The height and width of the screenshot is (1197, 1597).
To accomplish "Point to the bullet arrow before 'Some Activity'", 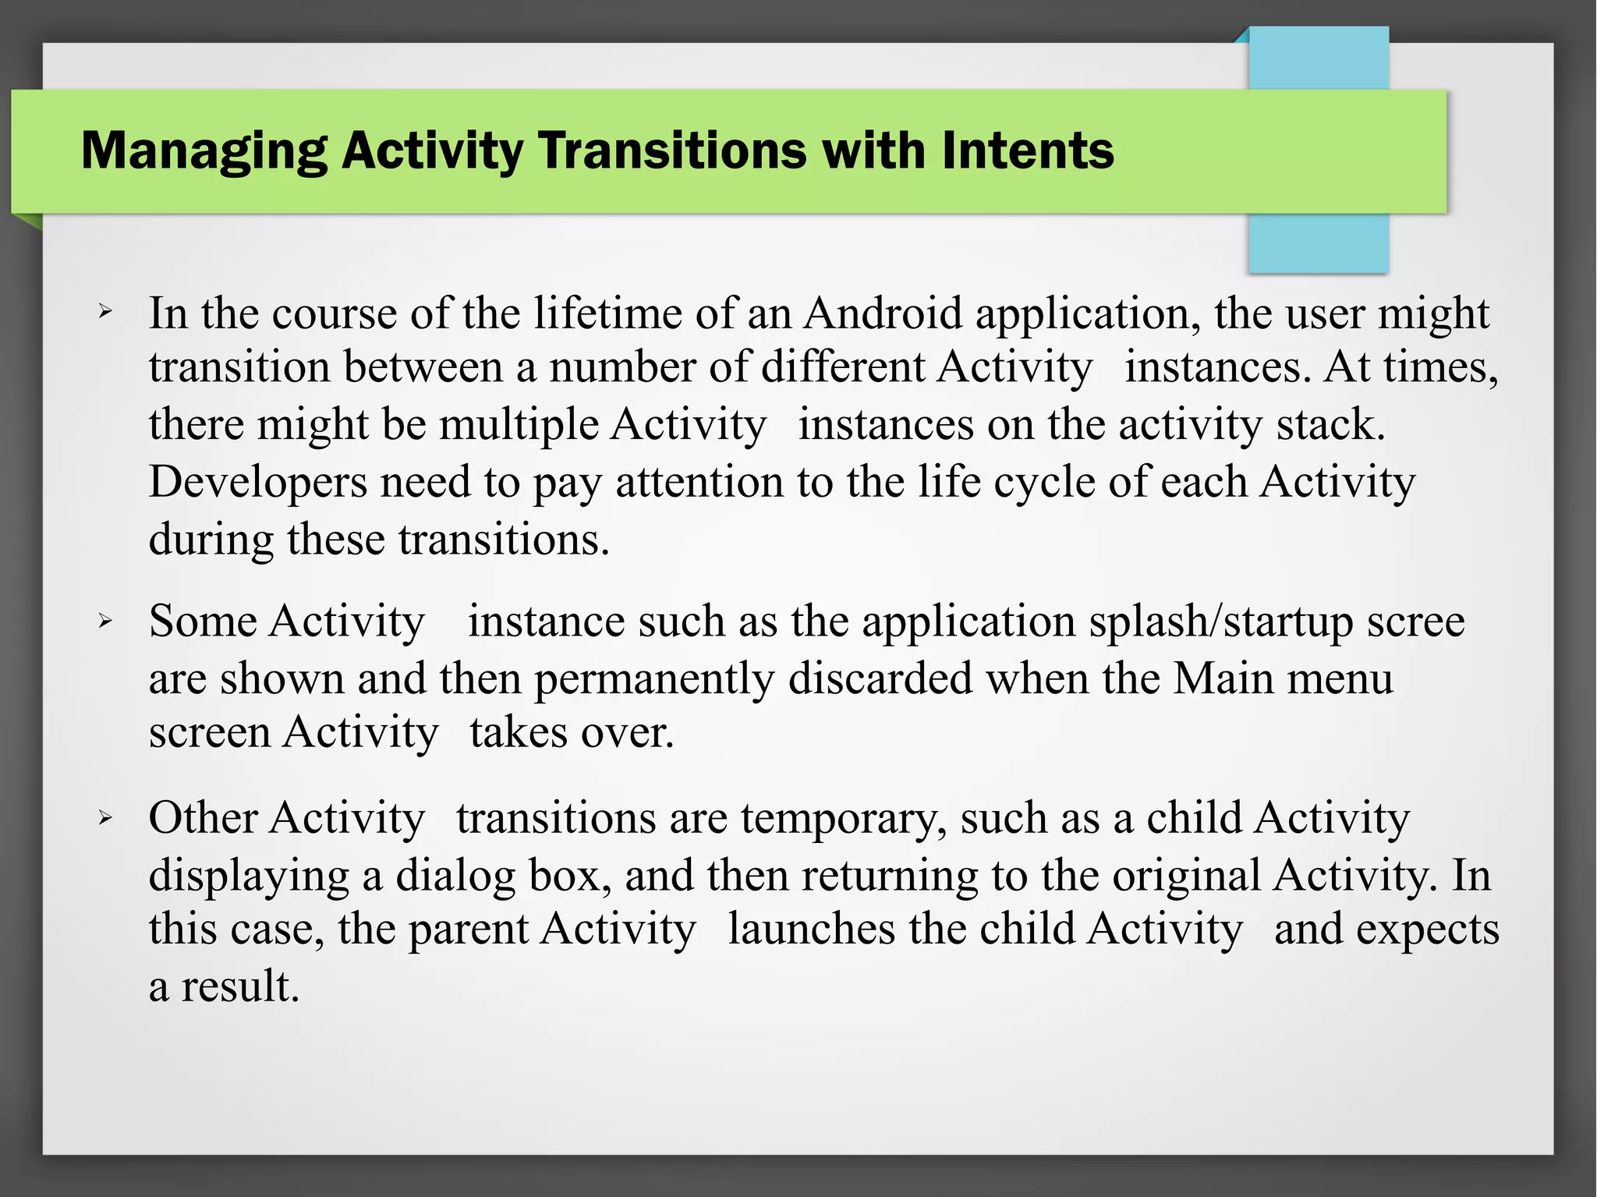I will (x=105, y=622).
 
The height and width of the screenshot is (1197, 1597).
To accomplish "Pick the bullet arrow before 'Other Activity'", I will (x=105, y=818).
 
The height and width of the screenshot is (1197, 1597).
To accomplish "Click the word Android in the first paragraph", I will (x=883, y=313).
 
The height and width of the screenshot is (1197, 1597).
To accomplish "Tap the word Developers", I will (x=257, y=482).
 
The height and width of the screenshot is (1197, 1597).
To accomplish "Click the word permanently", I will (x=653, y=678).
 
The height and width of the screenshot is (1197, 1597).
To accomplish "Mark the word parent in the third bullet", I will (x=468, y=930).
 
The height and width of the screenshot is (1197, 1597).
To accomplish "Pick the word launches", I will (x=811, y=930).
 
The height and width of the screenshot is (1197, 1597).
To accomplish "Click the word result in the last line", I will (x=239, y=986).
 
